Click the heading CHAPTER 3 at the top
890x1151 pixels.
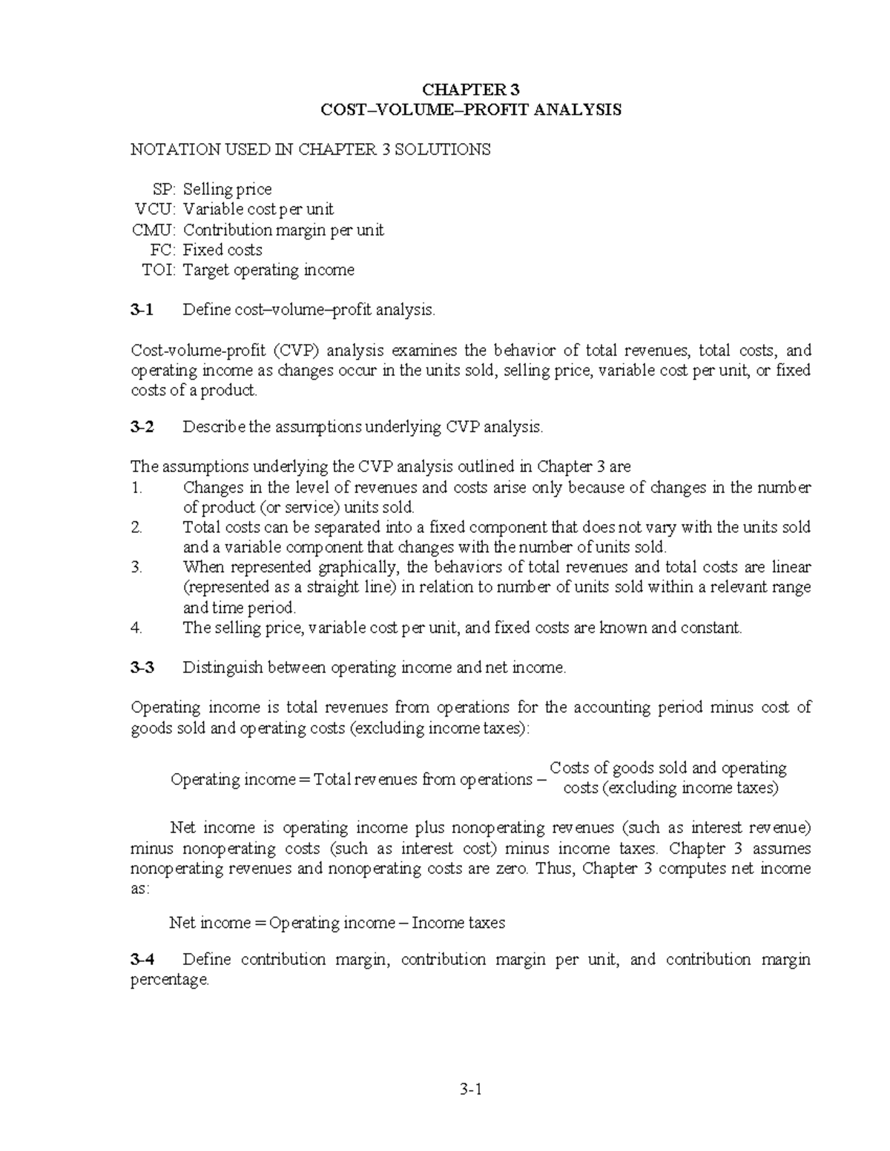pos(470,90)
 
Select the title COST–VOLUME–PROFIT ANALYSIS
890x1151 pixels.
pos(470,110)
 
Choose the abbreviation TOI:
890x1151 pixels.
pos(159,270)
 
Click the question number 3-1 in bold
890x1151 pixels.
pos(142,310)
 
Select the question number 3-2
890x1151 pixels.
pos(142,427)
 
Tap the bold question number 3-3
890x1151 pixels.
pos(142,667)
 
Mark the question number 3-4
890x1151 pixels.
pos(142,959)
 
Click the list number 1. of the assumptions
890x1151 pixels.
pos(136,488)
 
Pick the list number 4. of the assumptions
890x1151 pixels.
pos(136,628)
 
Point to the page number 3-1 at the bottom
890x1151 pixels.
pos(470,1089)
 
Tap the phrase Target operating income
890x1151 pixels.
pos(268,270)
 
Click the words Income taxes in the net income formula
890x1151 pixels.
pos(458,923)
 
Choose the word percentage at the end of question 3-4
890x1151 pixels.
pos(170,980)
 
